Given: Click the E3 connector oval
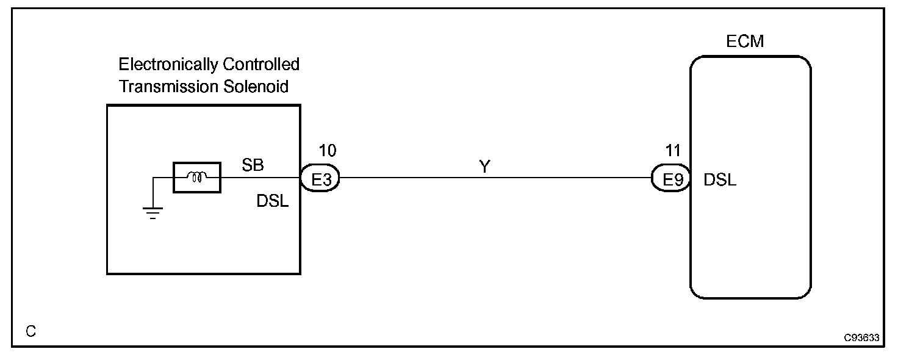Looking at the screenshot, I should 320,178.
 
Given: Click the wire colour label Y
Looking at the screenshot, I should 484,166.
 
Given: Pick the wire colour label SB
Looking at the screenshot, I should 252,165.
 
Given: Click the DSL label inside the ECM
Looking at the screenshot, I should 720,180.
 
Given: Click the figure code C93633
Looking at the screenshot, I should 861,337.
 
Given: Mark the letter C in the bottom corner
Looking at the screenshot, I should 31,331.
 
